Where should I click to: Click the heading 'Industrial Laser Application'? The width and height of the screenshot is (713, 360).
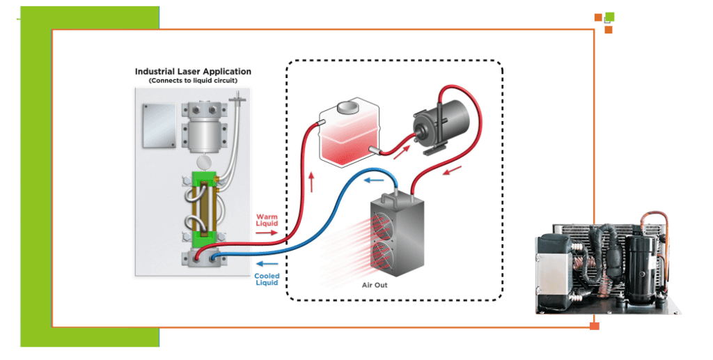click(193, 72)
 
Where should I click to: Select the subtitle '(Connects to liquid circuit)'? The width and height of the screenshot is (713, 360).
click(193, 81)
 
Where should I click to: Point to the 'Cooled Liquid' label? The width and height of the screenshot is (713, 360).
click(267, 279)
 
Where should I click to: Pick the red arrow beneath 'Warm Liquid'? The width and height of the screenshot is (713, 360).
click(267, 233)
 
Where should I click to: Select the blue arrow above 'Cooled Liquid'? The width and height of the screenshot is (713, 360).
click(267, 264)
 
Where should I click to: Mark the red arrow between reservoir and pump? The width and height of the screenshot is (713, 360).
click(398, 152)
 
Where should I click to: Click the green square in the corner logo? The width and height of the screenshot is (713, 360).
click(610, 17)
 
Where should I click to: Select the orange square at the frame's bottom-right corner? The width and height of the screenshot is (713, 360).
click(594, 326)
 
